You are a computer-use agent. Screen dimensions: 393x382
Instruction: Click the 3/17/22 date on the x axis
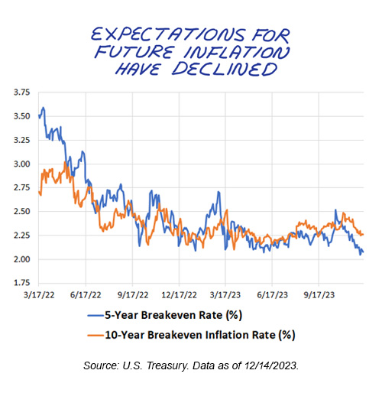pos(38,294)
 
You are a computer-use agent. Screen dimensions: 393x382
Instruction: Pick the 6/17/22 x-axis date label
pos(86,294)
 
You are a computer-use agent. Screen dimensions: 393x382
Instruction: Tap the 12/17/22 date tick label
pos(182,294)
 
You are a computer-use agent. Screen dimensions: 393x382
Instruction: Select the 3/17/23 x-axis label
pos(228,294)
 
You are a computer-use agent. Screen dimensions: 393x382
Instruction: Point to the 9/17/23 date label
pos(323,294)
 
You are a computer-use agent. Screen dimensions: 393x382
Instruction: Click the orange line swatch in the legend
pos(94,334)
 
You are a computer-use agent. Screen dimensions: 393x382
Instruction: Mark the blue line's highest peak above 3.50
pos(44,107)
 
